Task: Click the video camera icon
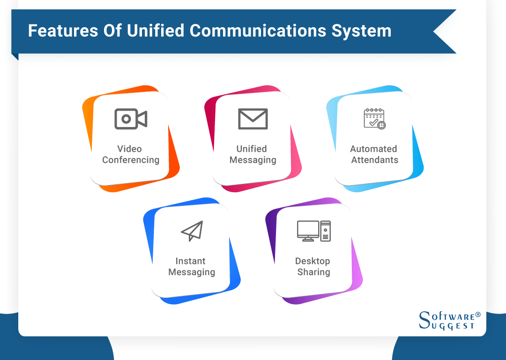(131, 119)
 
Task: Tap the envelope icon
(253, 119)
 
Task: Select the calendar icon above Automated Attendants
(374, 119)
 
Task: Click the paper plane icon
(192, 231)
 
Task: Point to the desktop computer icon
(313, 231)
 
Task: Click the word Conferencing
(131, 160)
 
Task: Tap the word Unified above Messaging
(252, 149)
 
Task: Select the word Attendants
(374, 160)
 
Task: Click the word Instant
(191, 261)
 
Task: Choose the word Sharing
(313, 272)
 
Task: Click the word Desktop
(313, 261)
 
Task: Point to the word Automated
(373, 149)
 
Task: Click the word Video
(129, 149)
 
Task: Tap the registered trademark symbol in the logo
(478, 314)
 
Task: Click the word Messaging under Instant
(192, 272)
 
